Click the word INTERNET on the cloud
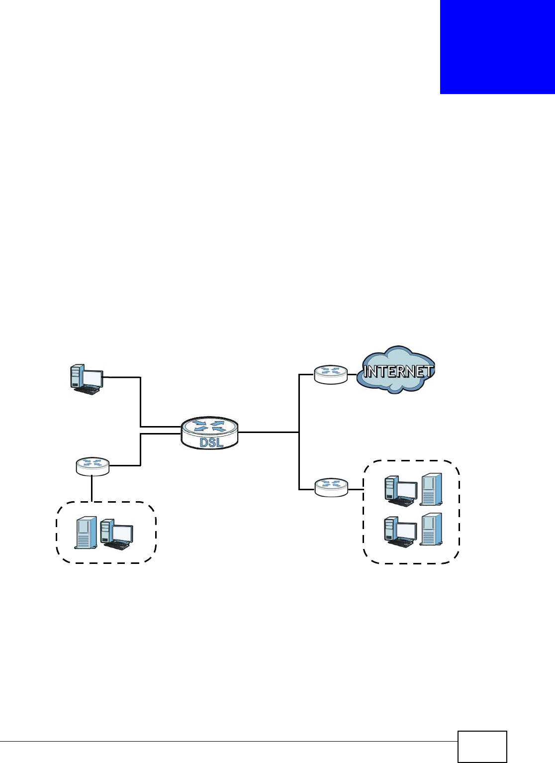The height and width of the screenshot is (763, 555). pos(398,371)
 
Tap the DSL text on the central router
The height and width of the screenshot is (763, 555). pos(211,442)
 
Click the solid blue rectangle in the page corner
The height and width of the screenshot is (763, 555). pos(497,47)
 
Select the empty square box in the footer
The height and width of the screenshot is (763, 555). pos(482,746)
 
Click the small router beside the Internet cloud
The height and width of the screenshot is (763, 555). pos(331,374)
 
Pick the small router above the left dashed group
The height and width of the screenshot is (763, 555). pos(92,466)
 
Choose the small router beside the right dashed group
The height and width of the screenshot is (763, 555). pos(331,487)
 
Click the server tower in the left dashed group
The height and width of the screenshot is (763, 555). pos(86,533)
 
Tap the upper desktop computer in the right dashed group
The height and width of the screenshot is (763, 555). pos(401,491)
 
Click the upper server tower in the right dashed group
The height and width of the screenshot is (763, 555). pos(431,489)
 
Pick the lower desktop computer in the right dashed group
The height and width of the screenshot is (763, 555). pos(401,532)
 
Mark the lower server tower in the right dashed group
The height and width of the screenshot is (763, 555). pos(431,529)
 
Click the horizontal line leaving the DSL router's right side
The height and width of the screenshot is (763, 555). pos(269,432)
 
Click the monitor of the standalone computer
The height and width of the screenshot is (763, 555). pos(93,378)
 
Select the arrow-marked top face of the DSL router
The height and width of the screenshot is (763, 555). pos(209,427)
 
